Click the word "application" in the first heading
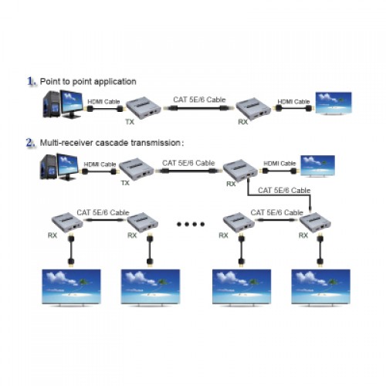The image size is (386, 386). (115, 82)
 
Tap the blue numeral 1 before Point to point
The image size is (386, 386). (32, 81)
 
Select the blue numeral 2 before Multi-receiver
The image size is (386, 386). (31, 143)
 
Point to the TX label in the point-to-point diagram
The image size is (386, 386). (130, 122)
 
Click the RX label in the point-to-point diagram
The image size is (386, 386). (243, 122)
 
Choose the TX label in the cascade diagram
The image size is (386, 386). (125, 183)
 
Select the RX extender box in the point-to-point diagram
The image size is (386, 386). (253, 109)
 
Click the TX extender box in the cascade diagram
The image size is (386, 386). (137, 169)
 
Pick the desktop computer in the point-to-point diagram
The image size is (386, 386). (63, 103)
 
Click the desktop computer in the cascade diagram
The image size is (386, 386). (59, 167)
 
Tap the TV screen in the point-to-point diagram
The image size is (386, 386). (334, 103)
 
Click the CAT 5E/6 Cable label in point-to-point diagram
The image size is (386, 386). (199, 100)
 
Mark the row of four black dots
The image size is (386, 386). (191, 224)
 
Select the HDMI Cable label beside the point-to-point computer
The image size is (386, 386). (103, 102)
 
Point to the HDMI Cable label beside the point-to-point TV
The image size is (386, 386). (293, 102)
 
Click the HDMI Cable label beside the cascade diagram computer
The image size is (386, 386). (100, 164)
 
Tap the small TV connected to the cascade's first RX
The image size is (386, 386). (318, 166)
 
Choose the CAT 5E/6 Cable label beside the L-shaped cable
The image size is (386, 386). (284, 191)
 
